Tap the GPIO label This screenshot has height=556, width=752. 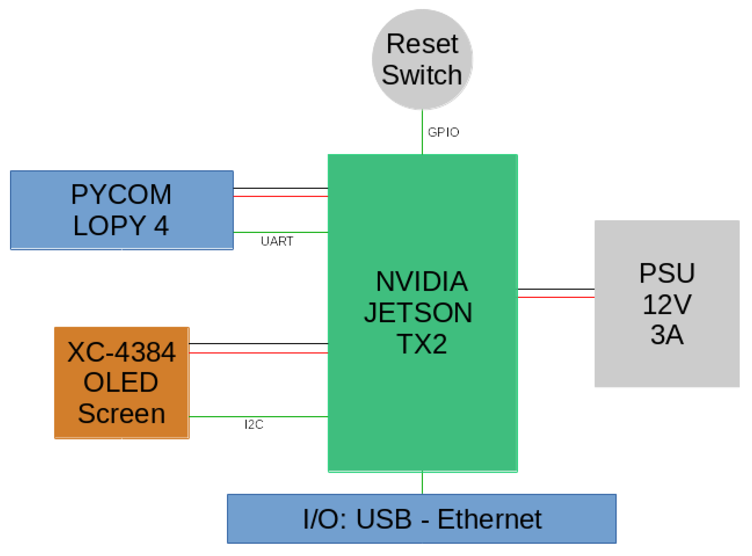pos(443,132)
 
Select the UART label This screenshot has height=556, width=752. pos(277,241)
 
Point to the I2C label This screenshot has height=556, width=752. pos(254,425)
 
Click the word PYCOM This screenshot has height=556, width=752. pos(121,194)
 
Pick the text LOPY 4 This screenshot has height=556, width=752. pos(121,226)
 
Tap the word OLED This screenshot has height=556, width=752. pos(121,382)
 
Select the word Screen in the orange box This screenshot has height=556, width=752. pos(121,414)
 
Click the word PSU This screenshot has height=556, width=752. pos(666,273)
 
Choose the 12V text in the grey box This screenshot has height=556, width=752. pos(666,304)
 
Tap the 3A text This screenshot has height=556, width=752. pos(666,335)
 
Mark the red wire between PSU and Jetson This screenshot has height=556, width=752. pos(556,297)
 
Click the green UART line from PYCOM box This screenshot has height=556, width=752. pos(280,232)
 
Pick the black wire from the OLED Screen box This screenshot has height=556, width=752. pos(258,344)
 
